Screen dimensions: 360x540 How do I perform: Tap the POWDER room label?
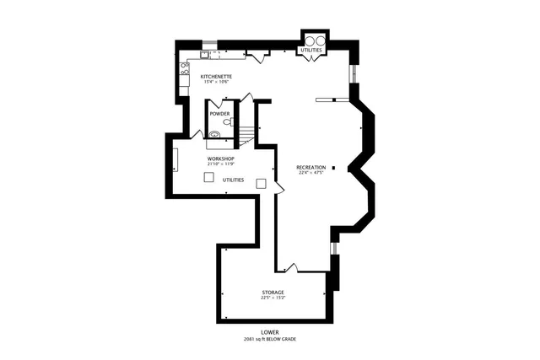click(x=219, y=113)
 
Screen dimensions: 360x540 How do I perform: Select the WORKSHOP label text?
click(x=220, y=159)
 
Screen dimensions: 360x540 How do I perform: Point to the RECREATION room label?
click(x=310, y=167)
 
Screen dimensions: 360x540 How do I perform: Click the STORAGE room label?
click(x=273, y=292)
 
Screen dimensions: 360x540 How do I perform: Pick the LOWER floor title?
click(x=270, y=332)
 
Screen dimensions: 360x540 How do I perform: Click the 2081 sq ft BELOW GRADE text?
click(x=270, y=339)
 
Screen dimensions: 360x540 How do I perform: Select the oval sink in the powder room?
click(x=214, y=134)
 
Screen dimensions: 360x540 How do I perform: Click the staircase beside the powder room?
click(x=245, y=135)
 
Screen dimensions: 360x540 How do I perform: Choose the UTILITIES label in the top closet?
click(x=310, y=51)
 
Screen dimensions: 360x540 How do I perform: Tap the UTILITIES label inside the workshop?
click(x=234, y=180)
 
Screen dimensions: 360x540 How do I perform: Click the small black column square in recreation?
click(x=334, y=168)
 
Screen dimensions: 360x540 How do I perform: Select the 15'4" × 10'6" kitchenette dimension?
click(x=217, y=82)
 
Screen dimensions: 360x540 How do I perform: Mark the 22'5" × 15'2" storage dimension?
click(x=273, y=298)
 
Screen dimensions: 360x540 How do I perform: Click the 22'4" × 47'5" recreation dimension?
click(x=310, y=173)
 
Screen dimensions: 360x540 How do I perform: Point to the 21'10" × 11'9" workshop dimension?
click(x=220, y=164)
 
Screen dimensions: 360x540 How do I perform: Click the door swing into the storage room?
click(x=295, y=270)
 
